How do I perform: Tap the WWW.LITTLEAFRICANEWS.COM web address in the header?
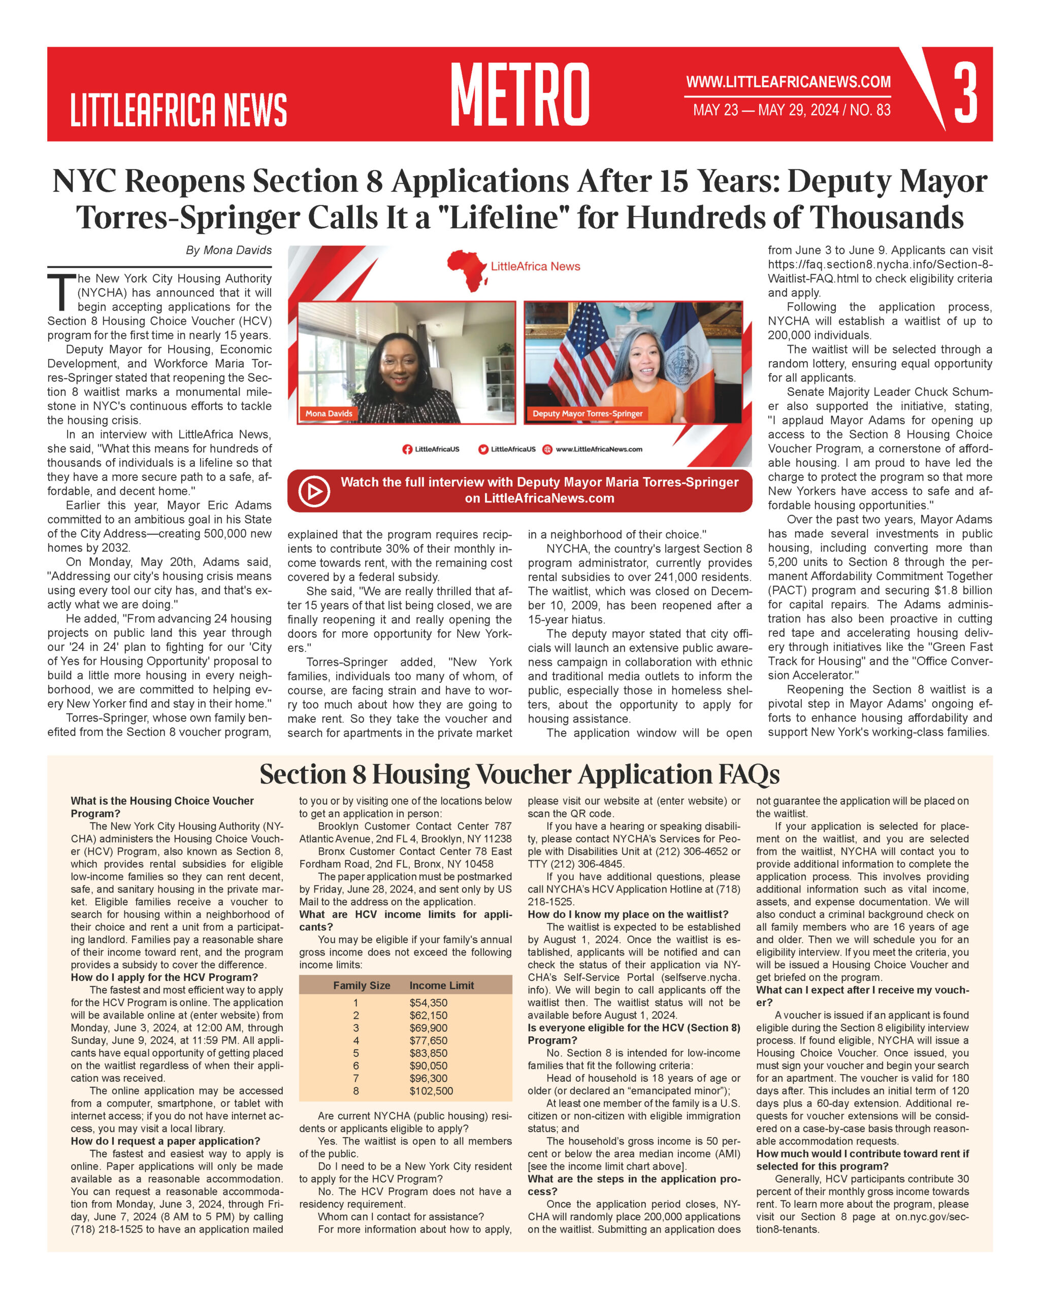(788, 82)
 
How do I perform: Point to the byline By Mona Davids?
(229, 250)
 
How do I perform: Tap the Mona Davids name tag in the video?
(329, 414)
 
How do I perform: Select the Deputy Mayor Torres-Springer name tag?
(587, 414)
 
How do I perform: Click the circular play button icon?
(314, 491)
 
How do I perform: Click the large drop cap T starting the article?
(61, 293)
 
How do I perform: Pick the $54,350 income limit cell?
(428, 1003)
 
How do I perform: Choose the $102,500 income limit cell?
(431, 1091)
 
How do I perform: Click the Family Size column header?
(362, 985)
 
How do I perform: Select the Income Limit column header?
(441, 985)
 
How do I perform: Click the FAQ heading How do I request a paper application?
(165, 1141)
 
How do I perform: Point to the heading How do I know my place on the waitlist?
(628, 914)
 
